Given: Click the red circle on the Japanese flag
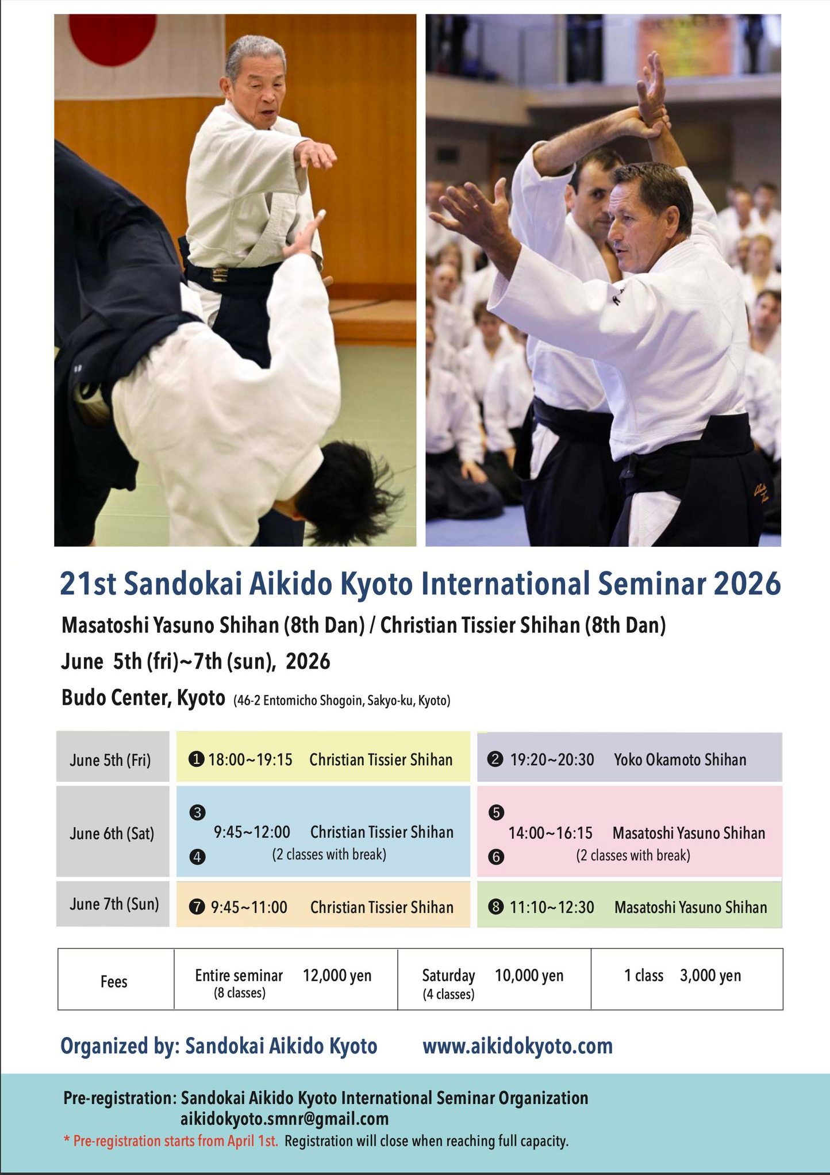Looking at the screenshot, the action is click(x=113, y=36).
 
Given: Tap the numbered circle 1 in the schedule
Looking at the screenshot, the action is click(x=196, y=759).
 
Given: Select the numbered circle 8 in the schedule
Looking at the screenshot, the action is click(x=495, y=907).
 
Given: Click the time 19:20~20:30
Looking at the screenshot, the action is click(x=552, y=759).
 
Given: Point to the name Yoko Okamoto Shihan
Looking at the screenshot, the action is click(x=680, y=759).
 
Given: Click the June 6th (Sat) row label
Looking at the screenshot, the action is click(x=112, y=833).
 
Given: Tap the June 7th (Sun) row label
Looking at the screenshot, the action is click(x=114, y=904).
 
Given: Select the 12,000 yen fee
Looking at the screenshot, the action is click(x=337, y=976).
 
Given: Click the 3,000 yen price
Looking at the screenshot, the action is click(x=710, y=976).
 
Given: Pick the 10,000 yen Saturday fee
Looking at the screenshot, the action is click(x=529, y=976).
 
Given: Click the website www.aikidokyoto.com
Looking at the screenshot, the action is click(x=517, y=1046).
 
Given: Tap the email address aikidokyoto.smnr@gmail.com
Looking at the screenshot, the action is click(x=285, y=1119).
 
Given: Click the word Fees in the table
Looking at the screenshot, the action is click(x=114, y=981).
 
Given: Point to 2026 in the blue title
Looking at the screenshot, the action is click(x=747, y=583).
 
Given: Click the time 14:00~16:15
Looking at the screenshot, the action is click(x=550, y=833).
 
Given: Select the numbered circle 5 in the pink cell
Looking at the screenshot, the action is click(x=495, y=812).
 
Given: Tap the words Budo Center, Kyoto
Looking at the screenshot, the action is click(x=143, y=698).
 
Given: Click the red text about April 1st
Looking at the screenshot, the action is click(x=171, y=1141).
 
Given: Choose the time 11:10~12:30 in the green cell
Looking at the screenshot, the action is click(x=552, y=907).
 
